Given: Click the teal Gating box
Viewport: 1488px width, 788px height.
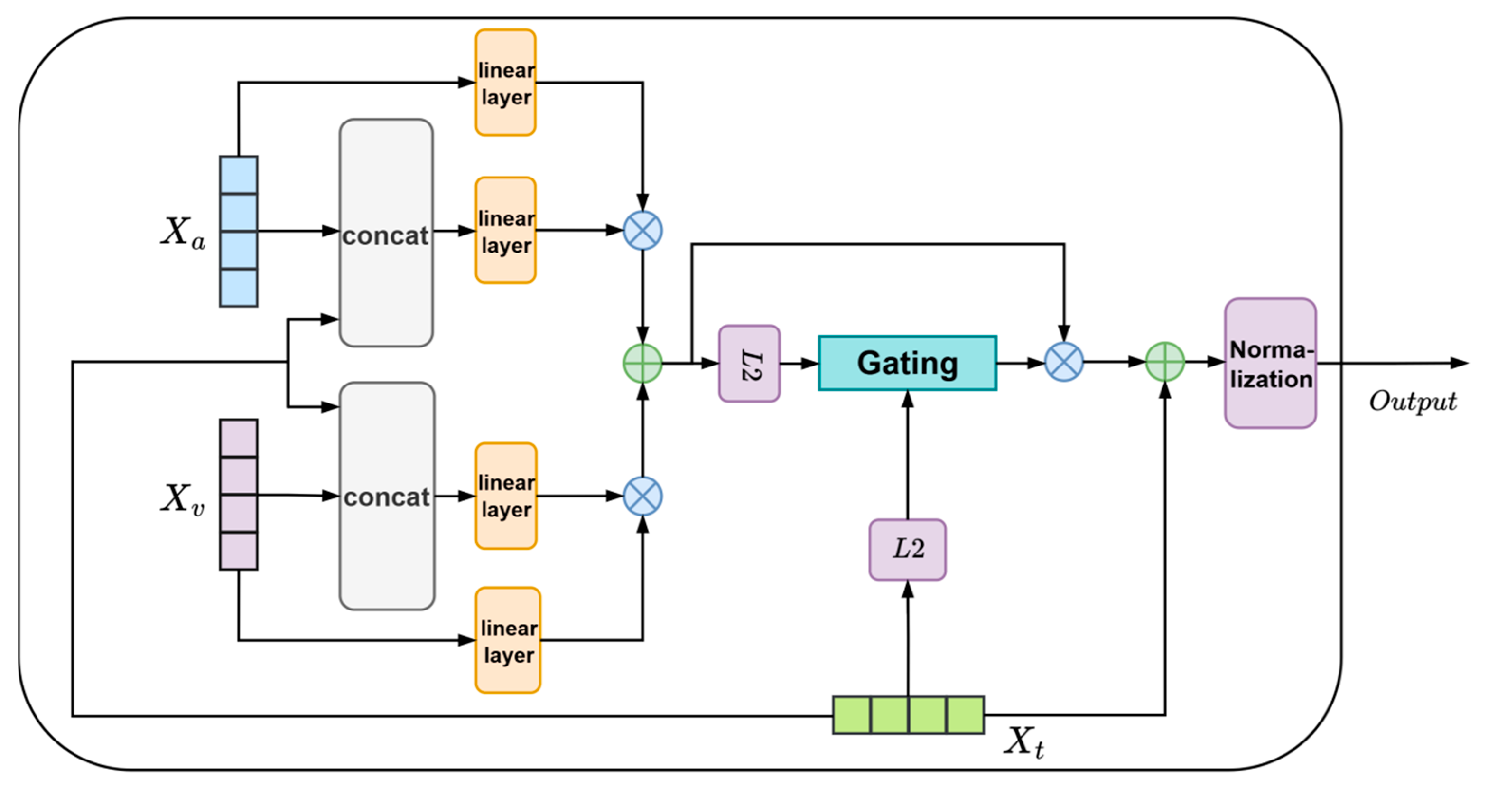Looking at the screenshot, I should click(907, 363).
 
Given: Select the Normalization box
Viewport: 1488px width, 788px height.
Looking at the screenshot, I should click(1270, 363).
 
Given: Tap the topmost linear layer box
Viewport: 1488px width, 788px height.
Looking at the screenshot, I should click(505, 83).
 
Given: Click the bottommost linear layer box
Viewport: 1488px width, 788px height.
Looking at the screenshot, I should click(508, 640).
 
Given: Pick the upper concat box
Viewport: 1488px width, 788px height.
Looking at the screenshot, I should click(386, 233).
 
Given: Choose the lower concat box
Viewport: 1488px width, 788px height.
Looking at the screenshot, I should click(387, 496).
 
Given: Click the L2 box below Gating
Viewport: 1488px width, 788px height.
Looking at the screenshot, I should click(908, 549).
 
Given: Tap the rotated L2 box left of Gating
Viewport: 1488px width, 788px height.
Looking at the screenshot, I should click(749, 363).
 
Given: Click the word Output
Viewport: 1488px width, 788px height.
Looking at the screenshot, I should click(1413, 401).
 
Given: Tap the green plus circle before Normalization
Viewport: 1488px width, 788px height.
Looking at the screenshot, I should click(1165, 362).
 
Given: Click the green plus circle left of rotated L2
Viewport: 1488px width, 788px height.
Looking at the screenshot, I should click(642, 363).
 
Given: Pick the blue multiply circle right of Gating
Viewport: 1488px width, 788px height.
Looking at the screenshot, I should click(1064, 362).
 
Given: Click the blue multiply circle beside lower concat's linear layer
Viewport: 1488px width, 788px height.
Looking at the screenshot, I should click(642, 496).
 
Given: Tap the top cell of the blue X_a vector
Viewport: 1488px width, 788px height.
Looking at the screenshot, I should click(239, 175).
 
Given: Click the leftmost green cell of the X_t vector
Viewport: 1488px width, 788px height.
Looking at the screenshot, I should click(851, 714).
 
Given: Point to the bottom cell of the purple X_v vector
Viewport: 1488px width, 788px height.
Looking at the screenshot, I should click(239, 551).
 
